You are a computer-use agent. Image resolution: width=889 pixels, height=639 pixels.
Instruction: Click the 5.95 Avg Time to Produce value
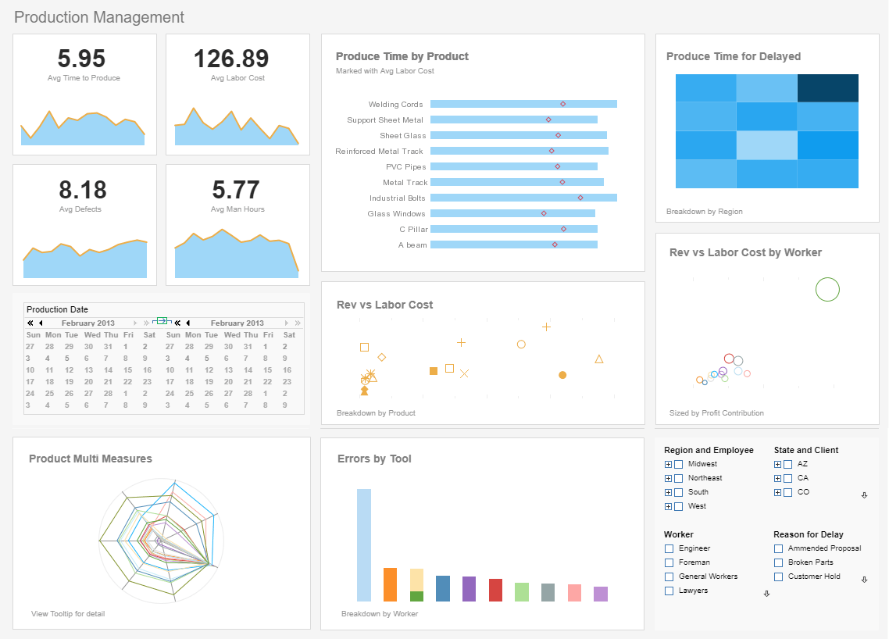(x=81, y=59)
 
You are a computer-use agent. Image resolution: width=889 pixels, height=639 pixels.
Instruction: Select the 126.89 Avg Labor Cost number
(x=231, y=59)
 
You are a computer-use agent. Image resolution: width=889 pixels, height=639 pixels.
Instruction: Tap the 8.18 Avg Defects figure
(x=81, y=190)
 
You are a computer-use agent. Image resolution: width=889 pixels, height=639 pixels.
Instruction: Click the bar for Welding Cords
(x=523, y=104)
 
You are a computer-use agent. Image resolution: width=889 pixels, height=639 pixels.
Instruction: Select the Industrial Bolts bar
(x=523, y=198)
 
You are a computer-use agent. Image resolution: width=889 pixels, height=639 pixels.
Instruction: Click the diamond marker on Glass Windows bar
(x=544, y=213)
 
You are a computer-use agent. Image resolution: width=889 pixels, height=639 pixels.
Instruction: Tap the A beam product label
(x=412, y=245)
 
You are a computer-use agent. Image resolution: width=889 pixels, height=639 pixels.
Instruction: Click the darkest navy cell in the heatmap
(x=827, y=88)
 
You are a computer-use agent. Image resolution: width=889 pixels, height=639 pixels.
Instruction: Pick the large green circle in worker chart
(x=827, y=289)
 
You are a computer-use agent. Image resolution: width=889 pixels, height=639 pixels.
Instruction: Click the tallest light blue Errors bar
(x=364, y=544)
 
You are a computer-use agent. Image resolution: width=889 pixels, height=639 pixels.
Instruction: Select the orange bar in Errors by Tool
(x=391, y=584)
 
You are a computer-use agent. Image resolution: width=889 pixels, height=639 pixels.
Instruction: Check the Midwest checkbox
(x=679, y=464)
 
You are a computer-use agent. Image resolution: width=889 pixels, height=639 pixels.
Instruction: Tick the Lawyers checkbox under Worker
(x=669, y=591)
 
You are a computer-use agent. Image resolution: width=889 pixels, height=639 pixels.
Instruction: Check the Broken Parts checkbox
(x=778, y=562)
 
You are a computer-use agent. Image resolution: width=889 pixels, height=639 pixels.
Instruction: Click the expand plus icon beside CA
(x=777, y=478)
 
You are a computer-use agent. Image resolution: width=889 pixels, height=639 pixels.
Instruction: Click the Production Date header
(x=58, y=309)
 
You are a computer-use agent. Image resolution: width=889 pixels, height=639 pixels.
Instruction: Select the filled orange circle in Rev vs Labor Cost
(x=562, y=375)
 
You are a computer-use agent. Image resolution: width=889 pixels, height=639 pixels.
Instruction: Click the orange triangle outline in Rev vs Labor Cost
(x=599, y=359)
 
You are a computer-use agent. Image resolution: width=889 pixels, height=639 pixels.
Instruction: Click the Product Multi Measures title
(x=91, y=459)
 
